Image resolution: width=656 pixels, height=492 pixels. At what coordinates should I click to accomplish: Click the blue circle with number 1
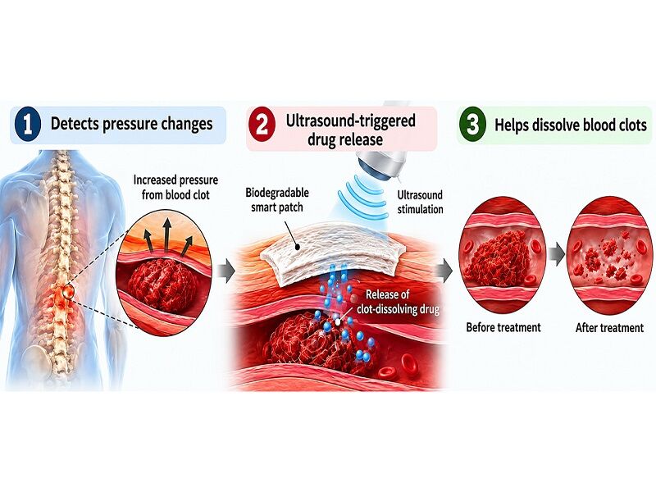[27, 125]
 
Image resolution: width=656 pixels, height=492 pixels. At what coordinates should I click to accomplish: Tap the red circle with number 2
[262, 125]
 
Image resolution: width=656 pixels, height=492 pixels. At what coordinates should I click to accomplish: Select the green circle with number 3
[472, 125]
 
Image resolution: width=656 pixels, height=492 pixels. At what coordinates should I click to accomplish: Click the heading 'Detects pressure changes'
[131, 124]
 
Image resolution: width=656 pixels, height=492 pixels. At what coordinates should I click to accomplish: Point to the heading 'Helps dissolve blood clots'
[571, 125]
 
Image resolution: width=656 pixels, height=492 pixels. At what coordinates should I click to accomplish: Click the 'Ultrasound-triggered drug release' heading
[351, 130]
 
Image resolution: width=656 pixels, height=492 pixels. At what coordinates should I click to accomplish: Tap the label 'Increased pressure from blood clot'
[175, 188]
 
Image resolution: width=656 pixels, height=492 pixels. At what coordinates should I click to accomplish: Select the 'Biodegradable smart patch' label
[277, 199]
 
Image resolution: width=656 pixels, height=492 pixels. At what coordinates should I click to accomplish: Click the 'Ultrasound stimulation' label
[420, 202]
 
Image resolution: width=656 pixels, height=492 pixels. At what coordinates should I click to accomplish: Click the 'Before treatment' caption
[503, 327]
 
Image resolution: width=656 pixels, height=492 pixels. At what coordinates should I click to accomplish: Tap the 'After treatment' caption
[609, 327]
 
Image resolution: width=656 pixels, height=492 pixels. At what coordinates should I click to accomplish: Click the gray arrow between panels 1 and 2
[227, 271]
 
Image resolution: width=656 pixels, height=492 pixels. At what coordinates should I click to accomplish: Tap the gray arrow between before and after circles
[557, 254]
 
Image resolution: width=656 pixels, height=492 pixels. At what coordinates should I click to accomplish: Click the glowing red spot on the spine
[67, 291]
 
